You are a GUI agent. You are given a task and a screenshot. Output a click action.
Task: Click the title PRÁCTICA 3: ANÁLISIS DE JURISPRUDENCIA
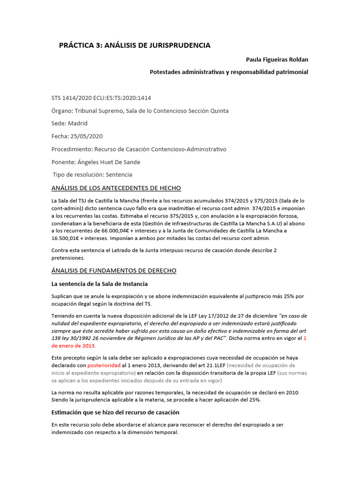click(x=135, y=45)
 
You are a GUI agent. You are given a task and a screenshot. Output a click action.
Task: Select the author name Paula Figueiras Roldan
click(x=277, y=60)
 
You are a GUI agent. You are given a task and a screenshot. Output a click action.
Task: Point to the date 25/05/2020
click(x=86, y=136)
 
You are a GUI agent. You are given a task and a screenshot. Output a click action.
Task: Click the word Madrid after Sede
click(x=77, y=123)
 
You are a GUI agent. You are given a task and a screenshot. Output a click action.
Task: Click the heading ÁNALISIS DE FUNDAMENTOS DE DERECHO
click(x=113, y=271)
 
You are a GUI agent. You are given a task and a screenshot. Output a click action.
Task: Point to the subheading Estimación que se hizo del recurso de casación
click(x=115, y=412)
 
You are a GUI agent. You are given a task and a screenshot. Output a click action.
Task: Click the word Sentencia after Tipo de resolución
click(x=119, y=175)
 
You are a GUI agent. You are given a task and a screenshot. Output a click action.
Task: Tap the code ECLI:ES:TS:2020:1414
click(x=122, y=98)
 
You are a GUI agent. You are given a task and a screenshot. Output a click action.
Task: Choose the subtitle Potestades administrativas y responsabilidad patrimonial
click(x=229, y=72)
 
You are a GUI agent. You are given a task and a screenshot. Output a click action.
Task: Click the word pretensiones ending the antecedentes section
click(x=68, y=257)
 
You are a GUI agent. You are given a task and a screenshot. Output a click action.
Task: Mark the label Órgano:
click(x=63, y=111)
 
